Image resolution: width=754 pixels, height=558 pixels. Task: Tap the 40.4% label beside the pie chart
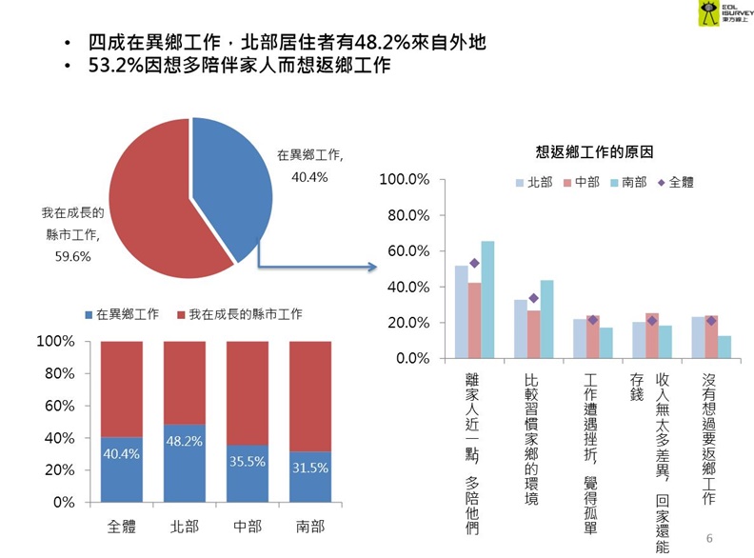pos(310,177)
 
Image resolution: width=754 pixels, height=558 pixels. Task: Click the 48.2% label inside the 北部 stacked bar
pos(184,443)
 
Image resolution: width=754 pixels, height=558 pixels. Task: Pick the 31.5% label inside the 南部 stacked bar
pos(309,468)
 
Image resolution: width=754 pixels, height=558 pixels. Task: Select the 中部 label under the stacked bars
pos(247,526)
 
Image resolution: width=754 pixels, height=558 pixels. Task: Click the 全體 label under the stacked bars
pos(121,526)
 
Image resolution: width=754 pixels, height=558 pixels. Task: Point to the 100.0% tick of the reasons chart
pos(405,180)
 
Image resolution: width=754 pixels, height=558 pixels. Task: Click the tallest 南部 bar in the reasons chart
pos(487,299)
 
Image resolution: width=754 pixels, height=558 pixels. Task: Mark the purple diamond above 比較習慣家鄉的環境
pos(533,299)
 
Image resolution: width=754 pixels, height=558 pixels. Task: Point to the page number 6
pos(709,540)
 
